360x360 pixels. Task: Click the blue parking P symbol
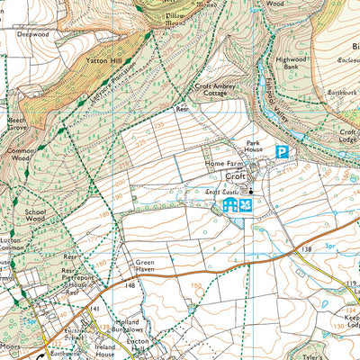282,153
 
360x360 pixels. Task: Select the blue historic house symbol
229,207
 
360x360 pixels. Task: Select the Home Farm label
223,162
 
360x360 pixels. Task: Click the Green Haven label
145,267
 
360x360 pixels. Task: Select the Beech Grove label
16,123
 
